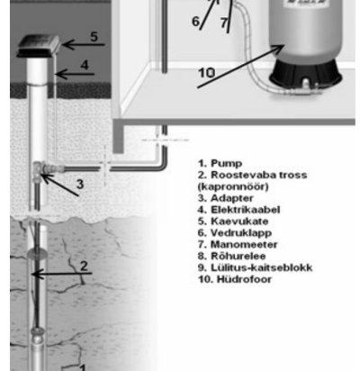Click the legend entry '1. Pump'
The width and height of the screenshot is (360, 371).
point(220,163)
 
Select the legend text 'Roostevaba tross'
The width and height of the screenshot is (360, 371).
point(259,175)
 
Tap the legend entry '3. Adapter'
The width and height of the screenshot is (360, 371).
point(226,198)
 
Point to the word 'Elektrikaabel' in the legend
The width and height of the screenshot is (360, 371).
point(246,210)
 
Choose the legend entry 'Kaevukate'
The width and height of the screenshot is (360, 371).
point(239,222)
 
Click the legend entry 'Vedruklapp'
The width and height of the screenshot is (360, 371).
point(241,233)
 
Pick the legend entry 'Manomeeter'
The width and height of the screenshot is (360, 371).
point(244,244)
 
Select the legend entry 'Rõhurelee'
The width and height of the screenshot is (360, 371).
point(238,256)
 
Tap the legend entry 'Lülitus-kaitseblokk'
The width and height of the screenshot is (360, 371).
point(262,267)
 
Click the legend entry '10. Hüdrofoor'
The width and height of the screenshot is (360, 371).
point(235,279)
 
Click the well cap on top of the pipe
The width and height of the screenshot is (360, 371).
point(39,46)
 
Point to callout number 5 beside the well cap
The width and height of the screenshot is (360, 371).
point(94,37)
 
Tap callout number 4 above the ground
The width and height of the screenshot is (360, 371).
point(85,65)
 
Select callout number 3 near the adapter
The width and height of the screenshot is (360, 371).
point(80,184)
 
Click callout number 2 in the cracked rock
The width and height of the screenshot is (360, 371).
point(84,266)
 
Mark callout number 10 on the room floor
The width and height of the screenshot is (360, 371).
point(206,73)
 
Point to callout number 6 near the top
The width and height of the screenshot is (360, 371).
point(195,22)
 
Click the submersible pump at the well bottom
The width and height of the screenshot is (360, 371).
point(38,349)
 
